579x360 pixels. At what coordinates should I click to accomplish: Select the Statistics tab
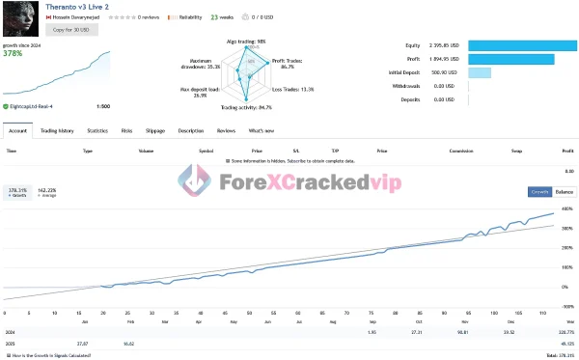click(97, 129)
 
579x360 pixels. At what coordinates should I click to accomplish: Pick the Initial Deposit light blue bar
click(480, 72)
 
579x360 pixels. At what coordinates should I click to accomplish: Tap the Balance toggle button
click(564, 191)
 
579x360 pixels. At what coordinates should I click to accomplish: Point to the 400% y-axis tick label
click(566, 209)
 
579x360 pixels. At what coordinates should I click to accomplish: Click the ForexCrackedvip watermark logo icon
click(196, 180)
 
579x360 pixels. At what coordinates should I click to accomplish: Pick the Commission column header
click(460, 151)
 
